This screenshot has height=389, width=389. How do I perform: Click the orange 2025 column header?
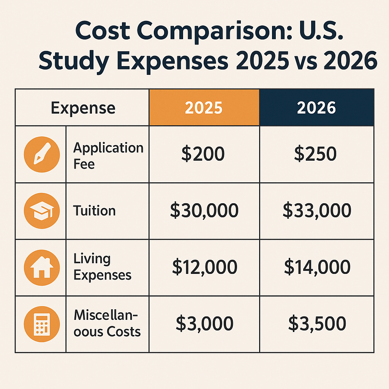pos(204,108)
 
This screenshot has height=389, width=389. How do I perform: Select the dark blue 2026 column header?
pos(316,108)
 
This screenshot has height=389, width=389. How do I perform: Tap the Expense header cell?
pos(83,108)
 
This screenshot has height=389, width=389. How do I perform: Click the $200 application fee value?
pos(203,154)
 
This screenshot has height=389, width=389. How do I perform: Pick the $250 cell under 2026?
pos(315,154)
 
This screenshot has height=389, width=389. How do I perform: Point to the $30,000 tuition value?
pos(204,210)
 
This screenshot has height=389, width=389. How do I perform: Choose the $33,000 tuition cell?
pos(316,210)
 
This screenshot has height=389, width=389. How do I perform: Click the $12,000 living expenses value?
pos(204,267)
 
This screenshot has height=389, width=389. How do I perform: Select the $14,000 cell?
pos(317,267)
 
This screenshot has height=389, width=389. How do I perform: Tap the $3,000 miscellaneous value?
pos(204,323)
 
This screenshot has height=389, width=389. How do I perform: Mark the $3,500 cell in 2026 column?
pos(317,323)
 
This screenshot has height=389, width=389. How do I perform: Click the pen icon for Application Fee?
pos(41,155)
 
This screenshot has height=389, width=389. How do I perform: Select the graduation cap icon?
pos(41,211)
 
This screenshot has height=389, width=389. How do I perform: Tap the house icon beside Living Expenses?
pos(41,267)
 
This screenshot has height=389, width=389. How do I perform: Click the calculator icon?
pos(41,324)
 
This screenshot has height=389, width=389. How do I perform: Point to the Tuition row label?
pos(94,210)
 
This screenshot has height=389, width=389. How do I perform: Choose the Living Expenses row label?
pos(102,267)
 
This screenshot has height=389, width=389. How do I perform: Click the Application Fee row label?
pos(108,155)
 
